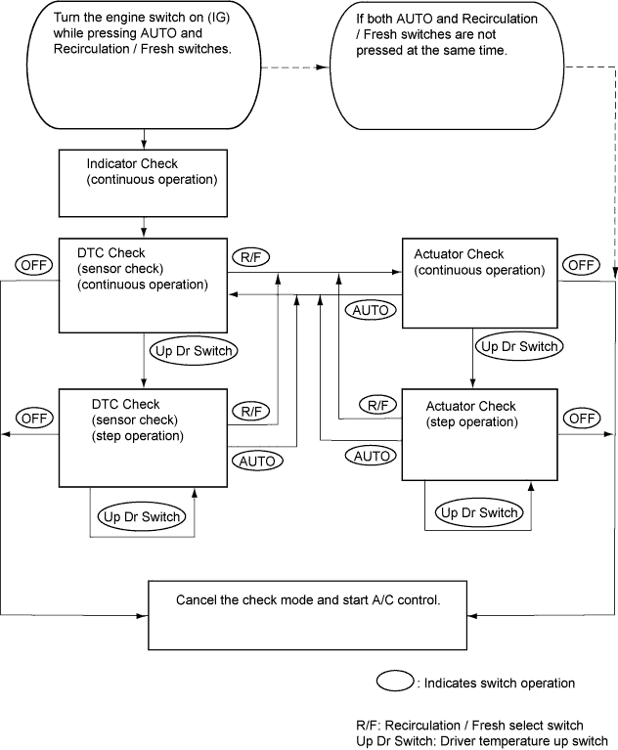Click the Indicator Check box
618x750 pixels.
143,183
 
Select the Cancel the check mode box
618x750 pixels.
308,615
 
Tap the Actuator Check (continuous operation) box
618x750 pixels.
480,283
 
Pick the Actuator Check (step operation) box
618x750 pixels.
480,434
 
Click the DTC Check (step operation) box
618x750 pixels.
143,438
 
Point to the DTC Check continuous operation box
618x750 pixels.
143,286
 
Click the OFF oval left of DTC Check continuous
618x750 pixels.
34,265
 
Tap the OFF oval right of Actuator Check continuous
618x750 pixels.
581,265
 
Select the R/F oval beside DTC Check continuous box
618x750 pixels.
251,257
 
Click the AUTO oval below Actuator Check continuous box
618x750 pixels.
371,310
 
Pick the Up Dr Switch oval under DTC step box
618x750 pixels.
142,516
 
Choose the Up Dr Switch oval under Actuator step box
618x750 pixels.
479,512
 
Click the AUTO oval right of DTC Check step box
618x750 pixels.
257,462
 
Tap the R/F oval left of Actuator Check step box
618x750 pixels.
377,406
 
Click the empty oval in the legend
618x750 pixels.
395,682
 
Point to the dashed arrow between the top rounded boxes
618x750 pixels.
295,67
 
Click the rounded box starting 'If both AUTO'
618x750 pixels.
447,66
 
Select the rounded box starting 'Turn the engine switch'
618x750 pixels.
145,66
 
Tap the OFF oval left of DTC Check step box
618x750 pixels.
34,419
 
